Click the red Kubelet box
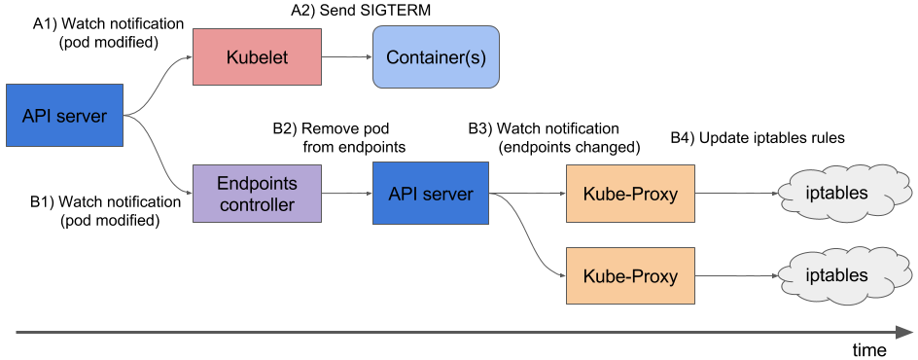(x=257, y=56)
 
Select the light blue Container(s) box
(x=437, y=56)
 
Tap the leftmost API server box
(x=64, y=116)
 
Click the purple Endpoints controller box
(x=257, y=194)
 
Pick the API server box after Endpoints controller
(x=431, y=194)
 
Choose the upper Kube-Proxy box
(x=630, y=194)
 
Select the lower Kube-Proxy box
(x=630, y=275)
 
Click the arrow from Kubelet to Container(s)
(x=347, y=56)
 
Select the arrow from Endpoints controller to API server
(x=347, y=194)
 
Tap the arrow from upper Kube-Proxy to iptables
(x=736, y=194)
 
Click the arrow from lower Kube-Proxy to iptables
(x=736, y=275)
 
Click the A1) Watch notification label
(x=108, y=34)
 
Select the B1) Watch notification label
(x=105, y=211)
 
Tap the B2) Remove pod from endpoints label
(x=339, y=138)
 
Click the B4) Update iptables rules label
(x=758, y=139)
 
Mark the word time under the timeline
(x=868, y=350)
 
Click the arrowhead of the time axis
(x=904, y=332)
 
